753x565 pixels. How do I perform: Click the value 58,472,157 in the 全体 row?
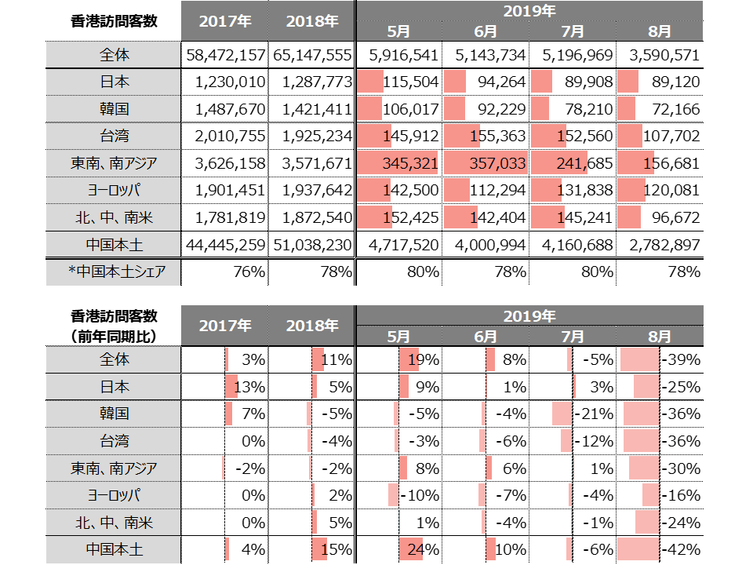point(225,56)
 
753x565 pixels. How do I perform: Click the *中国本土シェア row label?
point(113,272)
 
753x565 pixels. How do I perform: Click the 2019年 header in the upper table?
point(529,11)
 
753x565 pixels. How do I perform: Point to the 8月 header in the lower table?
point(660,335)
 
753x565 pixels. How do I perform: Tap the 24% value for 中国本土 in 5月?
point(421,549)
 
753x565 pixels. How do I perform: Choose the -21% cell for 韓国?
point(595,414)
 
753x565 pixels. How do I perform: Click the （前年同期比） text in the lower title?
point(114,335)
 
